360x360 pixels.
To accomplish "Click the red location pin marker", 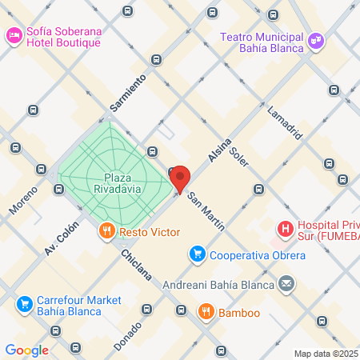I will pyautogui.click(x=179, y=179).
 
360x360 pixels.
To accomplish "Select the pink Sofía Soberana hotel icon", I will pyautogui.click(x=14, y=35).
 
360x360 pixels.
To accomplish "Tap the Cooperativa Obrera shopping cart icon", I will pyautogui.click(x=196, y=255).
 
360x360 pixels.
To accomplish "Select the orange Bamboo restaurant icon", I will pyautogui.click(x=206, y=311).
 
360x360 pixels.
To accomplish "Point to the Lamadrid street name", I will pyautogui.click(x=286, y=122).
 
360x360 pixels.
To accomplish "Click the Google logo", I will pyautogui.click(x=27, y=350).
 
